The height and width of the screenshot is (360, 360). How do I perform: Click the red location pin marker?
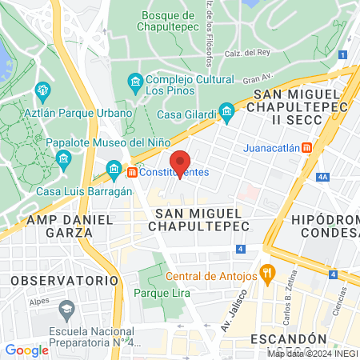coord(181,162)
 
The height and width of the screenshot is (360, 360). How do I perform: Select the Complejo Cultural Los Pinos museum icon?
coord(135,81)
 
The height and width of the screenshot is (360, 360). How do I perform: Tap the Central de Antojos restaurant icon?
coord(268,276)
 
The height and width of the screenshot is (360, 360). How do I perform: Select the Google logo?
coord(26,350)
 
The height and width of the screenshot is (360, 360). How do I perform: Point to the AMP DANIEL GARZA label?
coord(60,226)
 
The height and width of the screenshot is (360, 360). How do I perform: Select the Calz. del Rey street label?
coord(243,53)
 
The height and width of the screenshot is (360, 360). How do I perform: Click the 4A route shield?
coord(323,177)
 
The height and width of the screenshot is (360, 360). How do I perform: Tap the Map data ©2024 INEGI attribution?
coord(311,353)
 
